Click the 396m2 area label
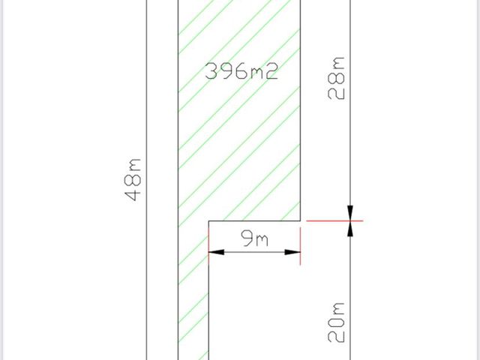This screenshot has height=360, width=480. point(241,71)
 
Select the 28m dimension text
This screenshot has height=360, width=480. point(336,78)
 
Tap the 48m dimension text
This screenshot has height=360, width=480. point(133,180)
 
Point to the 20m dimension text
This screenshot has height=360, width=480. point(336,322)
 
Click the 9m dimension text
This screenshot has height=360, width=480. point(255,238)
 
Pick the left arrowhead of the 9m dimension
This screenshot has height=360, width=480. point(216,252)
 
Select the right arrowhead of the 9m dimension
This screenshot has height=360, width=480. point(292,252)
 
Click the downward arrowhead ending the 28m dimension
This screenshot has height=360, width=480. point(350,213)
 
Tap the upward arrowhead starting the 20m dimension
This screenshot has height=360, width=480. point(350,228)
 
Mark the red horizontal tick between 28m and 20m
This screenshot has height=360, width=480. point(334,220)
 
